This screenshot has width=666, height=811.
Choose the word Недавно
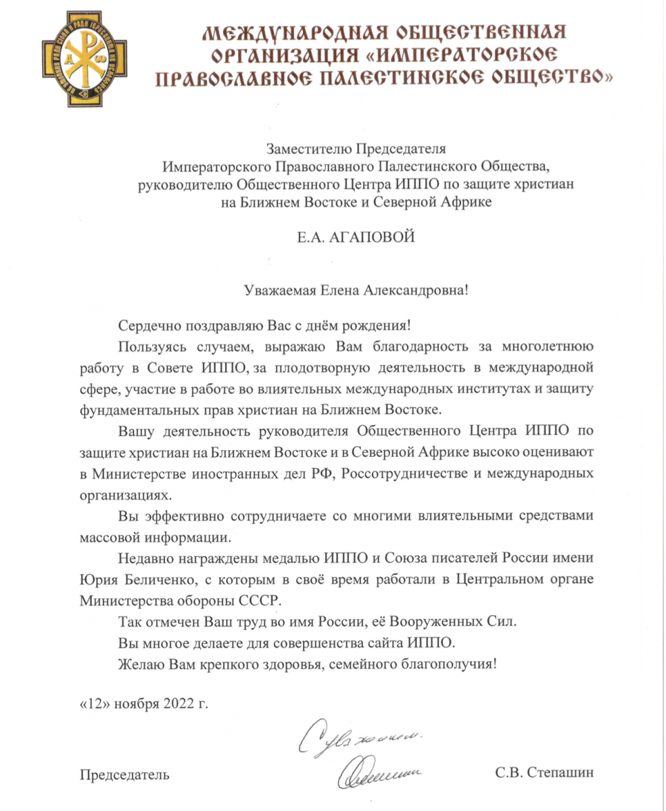143,559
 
